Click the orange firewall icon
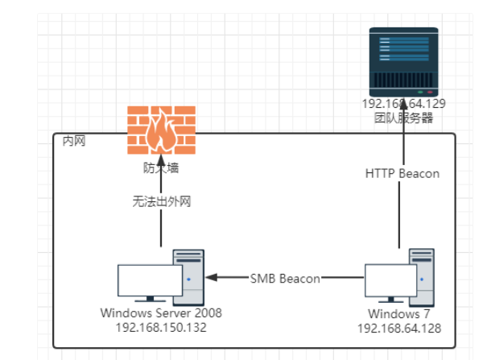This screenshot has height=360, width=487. coord(161,130)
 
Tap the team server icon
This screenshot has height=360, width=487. coord(404,62)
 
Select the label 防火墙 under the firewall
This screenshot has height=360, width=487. coord(161,168)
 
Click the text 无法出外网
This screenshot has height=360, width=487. coord(162,201)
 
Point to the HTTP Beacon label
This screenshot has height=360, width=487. coord(402,174)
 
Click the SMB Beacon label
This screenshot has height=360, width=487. coord(285,279)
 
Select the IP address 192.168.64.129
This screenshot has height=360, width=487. coord(404,104)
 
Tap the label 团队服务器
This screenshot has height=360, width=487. coord(404,118)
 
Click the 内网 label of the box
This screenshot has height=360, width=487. coord(74,141)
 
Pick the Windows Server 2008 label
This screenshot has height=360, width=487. coord(161,312)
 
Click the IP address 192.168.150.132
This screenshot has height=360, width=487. coord(161,328)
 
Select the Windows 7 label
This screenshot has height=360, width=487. coord(399,314)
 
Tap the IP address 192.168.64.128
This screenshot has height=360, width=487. coord(399,329)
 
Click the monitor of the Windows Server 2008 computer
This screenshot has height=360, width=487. coord(150,281)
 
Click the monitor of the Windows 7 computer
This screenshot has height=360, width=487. coord(390,281)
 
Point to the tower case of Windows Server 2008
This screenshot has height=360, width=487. coord(189,277)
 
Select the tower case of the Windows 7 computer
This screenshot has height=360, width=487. coord(422,277)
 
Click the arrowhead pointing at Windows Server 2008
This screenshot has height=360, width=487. coord(211,277)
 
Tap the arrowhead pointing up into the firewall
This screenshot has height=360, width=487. coord(161,160)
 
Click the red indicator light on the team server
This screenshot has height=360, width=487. coord(430,93)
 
